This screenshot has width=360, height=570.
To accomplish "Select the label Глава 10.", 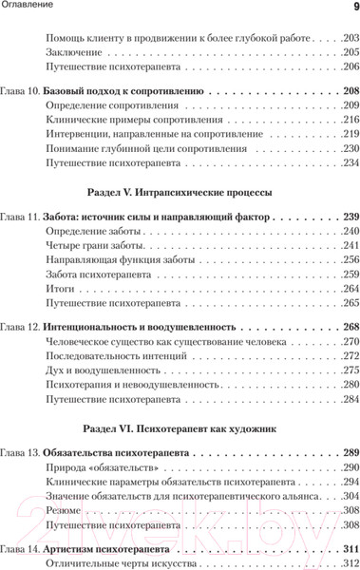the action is (20, 92).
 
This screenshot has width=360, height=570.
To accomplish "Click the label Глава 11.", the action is (20, 218).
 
